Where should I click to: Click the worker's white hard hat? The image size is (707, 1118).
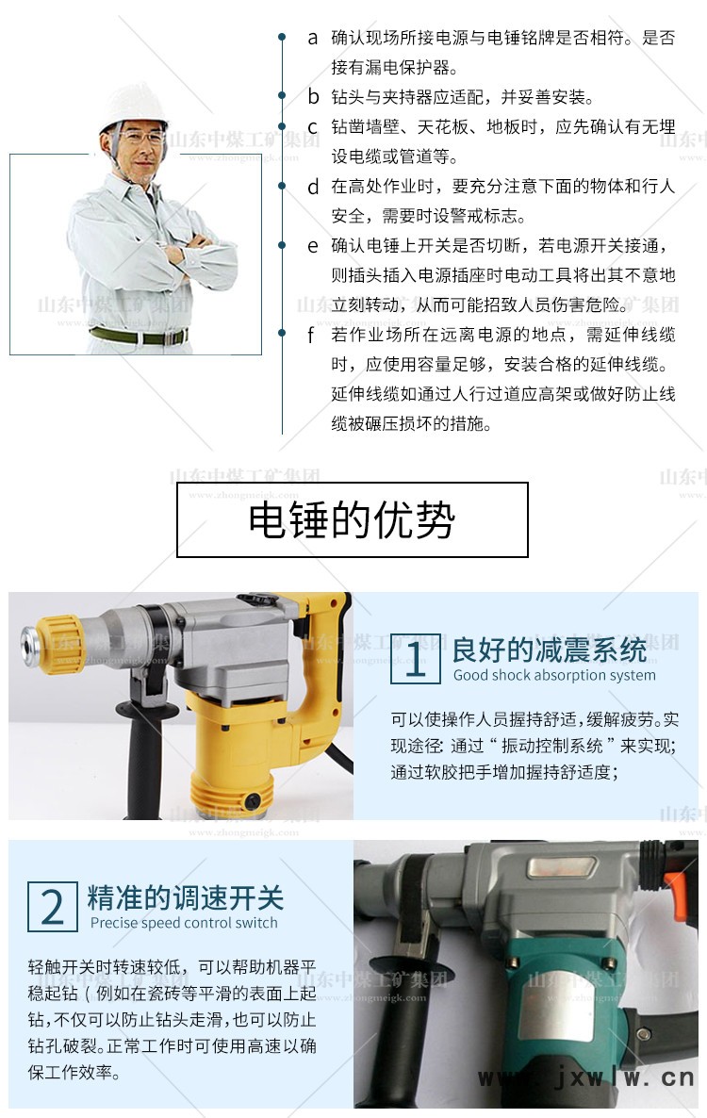(133, 107)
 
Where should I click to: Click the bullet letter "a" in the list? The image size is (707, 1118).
(313, 39)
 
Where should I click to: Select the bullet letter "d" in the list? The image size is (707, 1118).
(313, 187)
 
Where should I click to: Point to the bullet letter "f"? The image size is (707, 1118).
(311, 335)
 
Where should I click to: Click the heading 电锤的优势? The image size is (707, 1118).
(352, 519)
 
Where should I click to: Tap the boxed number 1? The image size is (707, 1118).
(416, 659)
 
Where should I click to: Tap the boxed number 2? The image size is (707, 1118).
(53, 906)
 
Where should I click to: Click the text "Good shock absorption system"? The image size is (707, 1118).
(554, 675)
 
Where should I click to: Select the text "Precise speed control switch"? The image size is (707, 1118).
(184, 923)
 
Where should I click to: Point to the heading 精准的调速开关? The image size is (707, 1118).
(186, 897)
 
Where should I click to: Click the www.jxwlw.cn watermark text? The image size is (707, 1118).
(585, 1077)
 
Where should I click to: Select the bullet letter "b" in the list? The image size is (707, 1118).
(313, 96)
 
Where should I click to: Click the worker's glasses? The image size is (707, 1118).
(138, 137)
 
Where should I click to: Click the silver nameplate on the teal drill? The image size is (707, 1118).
(562, 868)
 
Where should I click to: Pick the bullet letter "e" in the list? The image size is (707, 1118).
(313, 247)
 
